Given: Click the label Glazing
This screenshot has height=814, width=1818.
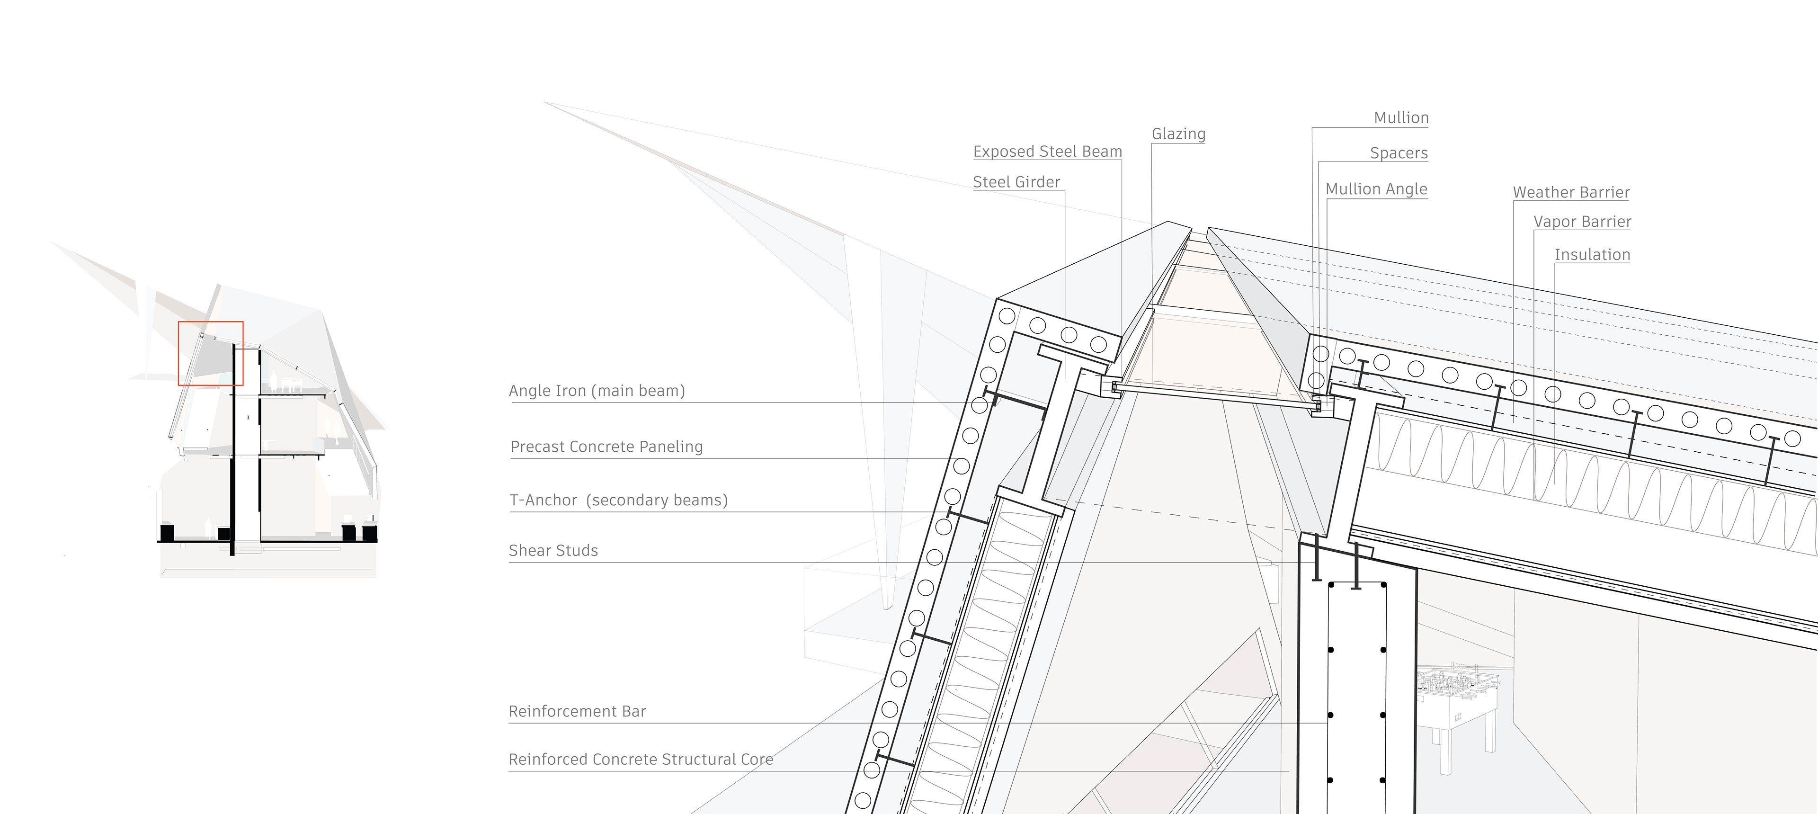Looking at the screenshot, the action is pos(1178,134).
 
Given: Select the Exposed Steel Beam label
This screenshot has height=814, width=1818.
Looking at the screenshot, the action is pos(1047,152).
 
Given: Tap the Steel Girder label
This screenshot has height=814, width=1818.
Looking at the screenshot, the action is pos(1016,182).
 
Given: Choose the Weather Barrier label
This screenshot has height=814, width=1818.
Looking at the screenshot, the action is pos(1571,193).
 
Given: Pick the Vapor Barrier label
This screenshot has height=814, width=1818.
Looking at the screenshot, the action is pos(1582,222).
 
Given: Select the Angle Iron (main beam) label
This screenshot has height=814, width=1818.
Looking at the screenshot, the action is pos(597,391).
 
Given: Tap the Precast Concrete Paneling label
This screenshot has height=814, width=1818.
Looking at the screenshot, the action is pos(606,447).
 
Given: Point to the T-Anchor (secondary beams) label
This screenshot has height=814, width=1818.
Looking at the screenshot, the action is pos(618,501).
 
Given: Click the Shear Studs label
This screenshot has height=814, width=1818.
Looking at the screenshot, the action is pos(553,551).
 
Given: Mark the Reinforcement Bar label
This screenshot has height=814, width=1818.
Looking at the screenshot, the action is pos(577,712).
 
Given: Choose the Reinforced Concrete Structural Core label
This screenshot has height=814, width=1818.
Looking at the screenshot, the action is pos(640,760).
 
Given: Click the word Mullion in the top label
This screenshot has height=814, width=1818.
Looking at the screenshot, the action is pos(1401,118).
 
